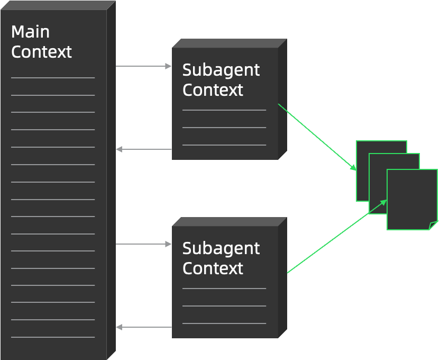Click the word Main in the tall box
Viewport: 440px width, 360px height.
30,32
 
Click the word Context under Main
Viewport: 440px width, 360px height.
41,52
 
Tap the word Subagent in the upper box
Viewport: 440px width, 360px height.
221,70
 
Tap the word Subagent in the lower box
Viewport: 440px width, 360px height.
221,248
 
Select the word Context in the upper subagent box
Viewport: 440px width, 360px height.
213,90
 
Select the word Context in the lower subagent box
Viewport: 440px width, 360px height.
213,268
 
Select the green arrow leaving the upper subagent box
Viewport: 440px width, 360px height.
317,137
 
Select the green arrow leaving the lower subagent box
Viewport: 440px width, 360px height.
337,236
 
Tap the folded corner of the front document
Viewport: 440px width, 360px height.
434,226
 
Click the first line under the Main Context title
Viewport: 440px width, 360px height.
53,78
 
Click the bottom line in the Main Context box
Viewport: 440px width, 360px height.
53,337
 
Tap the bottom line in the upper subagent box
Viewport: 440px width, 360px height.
224,145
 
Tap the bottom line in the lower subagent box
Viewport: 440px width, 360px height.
224,323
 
